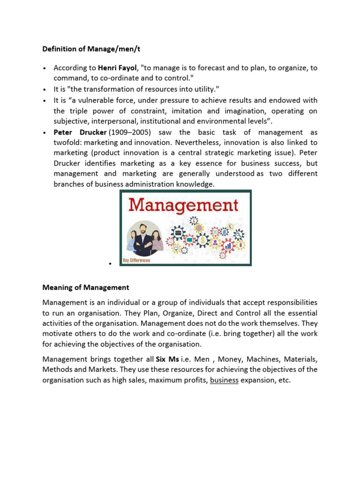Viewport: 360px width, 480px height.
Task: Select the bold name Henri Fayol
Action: point(116,68)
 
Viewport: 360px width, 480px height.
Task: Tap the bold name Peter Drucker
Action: point(79,133)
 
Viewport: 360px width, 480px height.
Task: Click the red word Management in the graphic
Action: point(184,205)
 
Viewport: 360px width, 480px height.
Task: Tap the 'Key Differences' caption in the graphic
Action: point(136,260)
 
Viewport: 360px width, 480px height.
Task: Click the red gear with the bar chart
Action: point(228,245)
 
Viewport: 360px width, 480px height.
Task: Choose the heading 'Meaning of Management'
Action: point(86,287)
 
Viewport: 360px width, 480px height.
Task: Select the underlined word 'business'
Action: point(225,380)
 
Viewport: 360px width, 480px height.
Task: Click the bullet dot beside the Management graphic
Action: point(109,264)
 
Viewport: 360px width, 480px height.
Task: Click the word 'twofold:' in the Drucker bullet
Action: point(68,142)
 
